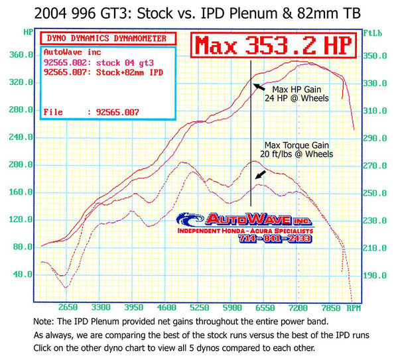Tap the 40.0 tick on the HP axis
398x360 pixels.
tap(23, 273)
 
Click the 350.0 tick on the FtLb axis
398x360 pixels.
tap(375, 55)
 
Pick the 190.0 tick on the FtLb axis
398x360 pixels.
tap(375, 273)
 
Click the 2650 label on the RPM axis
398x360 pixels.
tap(68, 308)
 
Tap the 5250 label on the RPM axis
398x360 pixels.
tap(199, 308)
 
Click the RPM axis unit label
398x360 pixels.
tap(354, 308)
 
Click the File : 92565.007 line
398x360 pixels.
tap(91, 113)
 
